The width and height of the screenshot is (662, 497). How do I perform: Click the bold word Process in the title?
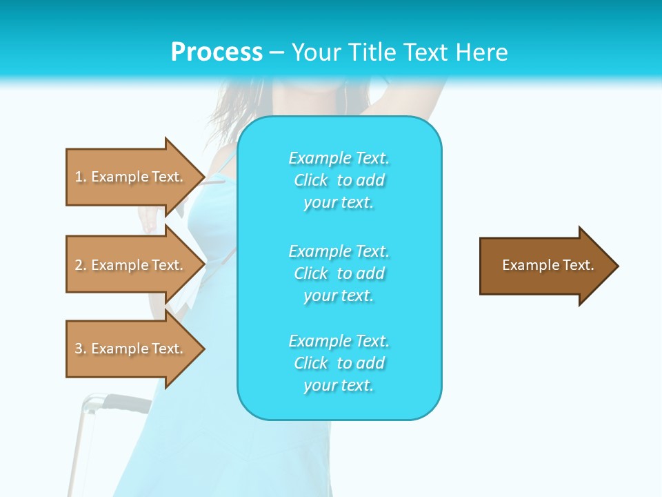coord(217,52)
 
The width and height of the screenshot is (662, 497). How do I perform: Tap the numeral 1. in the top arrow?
coord(81,177)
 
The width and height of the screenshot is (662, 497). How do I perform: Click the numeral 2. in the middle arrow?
coord(81,265)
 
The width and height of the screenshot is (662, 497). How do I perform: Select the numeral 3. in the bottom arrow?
coord(81,349)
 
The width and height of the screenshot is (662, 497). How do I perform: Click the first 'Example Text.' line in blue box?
coord(339,158)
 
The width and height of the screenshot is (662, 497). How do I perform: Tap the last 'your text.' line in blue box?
coord(339,385)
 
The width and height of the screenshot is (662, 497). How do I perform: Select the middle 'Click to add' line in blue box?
coord(339,273)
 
